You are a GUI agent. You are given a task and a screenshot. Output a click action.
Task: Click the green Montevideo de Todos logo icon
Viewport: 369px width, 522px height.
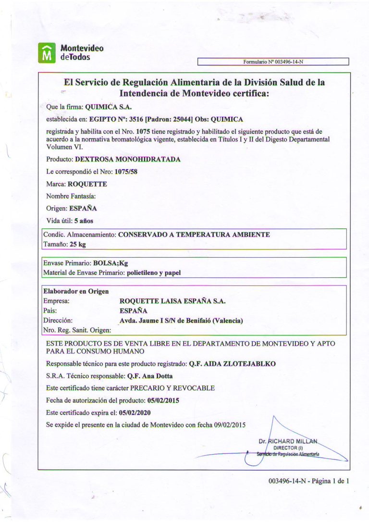click(x=47, y=52)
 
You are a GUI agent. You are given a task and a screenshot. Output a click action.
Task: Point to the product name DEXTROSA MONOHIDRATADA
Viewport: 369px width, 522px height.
click(x=128, y=159)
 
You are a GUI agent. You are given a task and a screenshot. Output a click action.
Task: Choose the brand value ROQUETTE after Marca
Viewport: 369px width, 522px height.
click(x=87, y=184)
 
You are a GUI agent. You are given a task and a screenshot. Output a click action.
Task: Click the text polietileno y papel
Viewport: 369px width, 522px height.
click(x=154, y=273)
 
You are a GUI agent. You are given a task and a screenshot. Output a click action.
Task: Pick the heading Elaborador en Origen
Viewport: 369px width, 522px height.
click(x=76, y=291)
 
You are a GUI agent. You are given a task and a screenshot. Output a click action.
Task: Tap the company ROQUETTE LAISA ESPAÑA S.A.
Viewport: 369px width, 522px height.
click(x=172, y=301)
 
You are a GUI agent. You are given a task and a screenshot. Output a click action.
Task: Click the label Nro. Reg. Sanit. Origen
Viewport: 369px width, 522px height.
click(x=77, y=330)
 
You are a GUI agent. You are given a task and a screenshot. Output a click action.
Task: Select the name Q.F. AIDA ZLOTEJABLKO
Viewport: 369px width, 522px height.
click(x=232, y=364)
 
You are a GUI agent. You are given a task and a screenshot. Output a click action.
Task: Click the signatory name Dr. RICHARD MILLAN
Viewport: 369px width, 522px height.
click(x=288, y=441)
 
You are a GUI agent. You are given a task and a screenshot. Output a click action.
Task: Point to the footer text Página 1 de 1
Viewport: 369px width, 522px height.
click(x=330, y=481)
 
